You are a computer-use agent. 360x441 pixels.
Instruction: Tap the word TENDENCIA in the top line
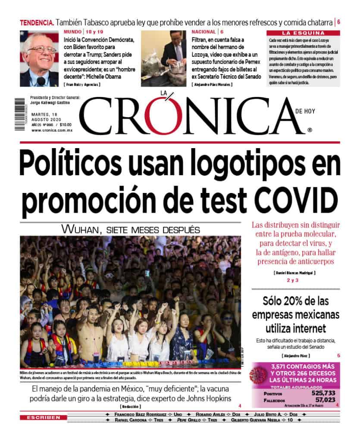[37, 22]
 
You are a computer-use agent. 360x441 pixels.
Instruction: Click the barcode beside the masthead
[20, 115]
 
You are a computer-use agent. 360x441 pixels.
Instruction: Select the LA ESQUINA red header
[303, 33]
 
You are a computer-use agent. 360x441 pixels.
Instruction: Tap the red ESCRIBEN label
[43, 417]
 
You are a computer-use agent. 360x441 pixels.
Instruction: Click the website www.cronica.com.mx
[52, 130]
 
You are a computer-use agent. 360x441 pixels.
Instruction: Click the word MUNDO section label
[73, 32]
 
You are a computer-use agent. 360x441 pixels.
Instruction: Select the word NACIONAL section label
[204, 32]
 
